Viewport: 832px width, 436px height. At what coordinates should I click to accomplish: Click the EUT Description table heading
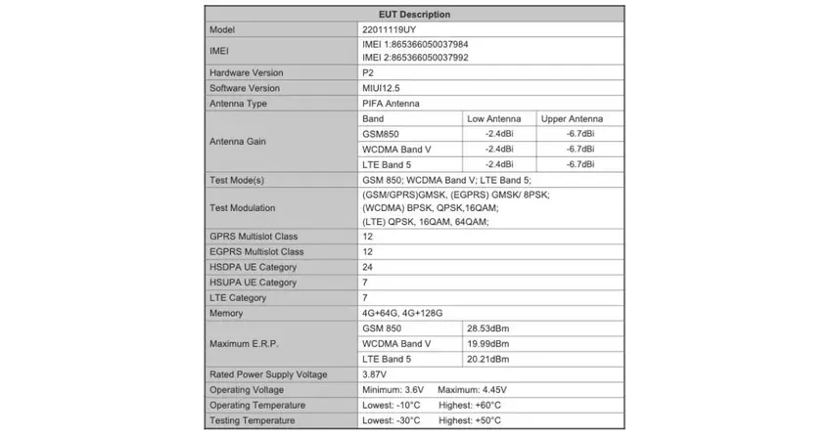point(414,15)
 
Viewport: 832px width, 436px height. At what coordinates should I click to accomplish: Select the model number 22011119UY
point(389,30)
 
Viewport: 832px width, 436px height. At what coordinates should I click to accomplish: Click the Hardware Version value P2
point(368,73)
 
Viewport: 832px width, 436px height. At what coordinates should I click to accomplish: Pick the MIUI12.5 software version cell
point(382,89)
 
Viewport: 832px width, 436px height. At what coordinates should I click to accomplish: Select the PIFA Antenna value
point(393,104)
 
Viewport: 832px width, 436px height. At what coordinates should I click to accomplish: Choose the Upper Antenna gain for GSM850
point(579,134)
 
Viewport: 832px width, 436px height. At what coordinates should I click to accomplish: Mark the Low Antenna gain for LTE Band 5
point(499,164)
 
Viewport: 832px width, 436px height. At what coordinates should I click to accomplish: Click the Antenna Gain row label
point(238,142)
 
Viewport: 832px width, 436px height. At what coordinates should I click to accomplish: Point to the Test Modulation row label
point(243,208)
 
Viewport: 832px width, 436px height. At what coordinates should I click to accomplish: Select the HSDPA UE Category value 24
point(368,267)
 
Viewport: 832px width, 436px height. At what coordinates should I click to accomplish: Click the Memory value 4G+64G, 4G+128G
point(402,313)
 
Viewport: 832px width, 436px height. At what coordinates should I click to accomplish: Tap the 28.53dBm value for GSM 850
point(488,328)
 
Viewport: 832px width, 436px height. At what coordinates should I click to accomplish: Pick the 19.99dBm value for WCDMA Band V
point(488,344)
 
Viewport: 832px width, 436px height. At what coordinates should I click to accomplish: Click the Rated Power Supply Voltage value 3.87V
point(374,374)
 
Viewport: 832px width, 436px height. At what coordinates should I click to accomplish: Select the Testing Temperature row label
point(252,420)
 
